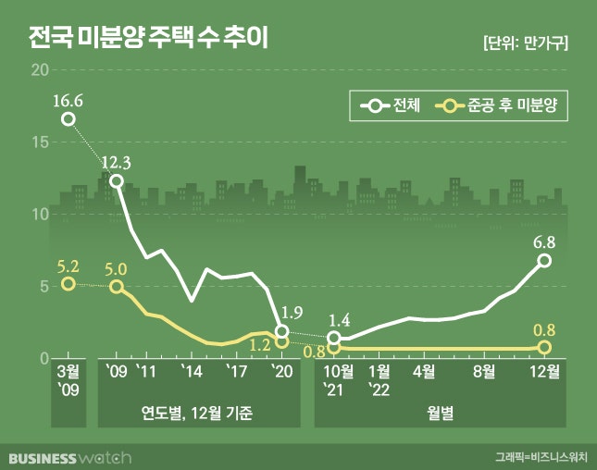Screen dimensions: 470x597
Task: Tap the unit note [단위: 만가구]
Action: point(525,43)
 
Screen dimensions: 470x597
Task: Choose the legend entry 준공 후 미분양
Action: point(500,106)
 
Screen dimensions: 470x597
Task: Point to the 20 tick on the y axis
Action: point(39,70)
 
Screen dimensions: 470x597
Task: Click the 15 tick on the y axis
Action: point(39,142)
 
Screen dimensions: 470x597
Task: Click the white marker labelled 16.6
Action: point(68,118)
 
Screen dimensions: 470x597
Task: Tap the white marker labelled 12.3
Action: point(116,180)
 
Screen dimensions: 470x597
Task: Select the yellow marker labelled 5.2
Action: point(68,283)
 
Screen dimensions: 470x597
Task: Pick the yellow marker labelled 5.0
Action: point(116,287)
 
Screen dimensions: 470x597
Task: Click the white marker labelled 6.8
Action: point(544,260)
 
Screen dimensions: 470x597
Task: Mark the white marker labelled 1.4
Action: point(334,339)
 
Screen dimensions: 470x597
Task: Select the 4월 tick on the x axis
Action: point(424,371)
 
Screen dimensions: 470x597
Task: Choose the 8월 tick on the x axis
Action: point(483,371)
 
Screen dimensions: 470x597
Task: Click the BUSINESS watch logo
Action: point(70,457)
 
